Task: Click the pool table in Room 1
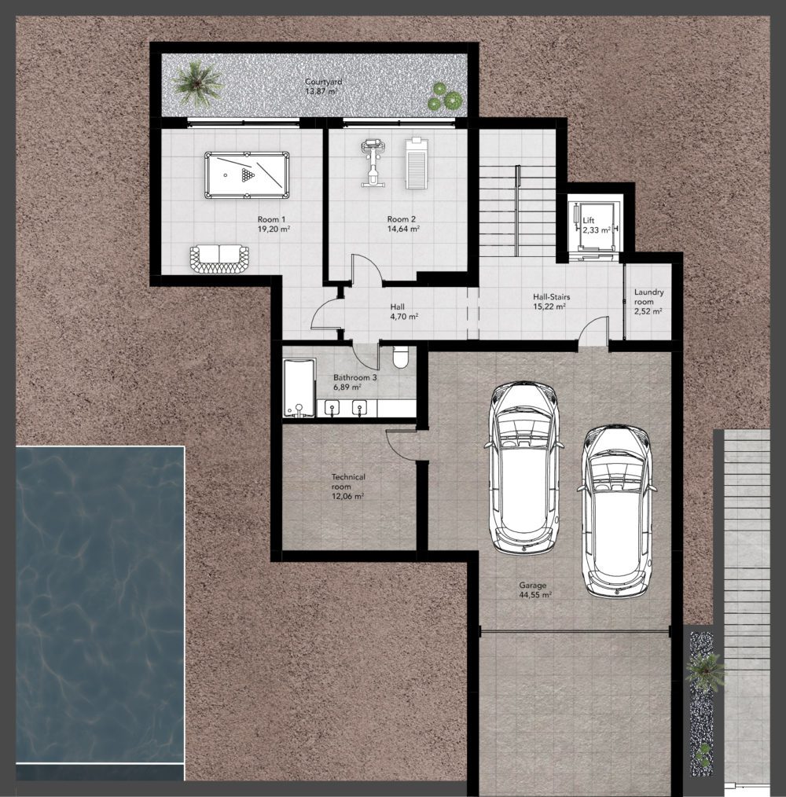[x=247, y=175]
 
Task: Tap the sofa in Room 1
[x=219, y=259]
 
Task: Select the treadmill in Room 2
[x=417, y=163]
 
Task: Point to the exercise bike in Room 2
[x=373, y=163]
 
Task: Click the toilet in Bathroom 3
[x=401, y=358]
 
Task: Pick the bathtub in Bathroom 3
[x=299, y=387]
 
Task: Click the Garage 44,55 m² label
[x=535, y=589]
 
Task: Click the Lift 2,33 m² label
[x=597, y=225]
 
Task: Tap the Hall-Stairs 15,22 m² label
[x=551, y=301]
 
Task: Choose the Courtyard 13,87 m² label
[x=323, y=86]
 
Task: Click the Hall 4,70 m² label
[x=404, y=311]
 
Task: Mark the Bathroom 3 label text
[x=354, y=377]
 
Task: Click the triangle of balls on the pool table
[x=248, y=175]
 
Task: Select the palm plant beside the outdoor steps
[x=705, y=670]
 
